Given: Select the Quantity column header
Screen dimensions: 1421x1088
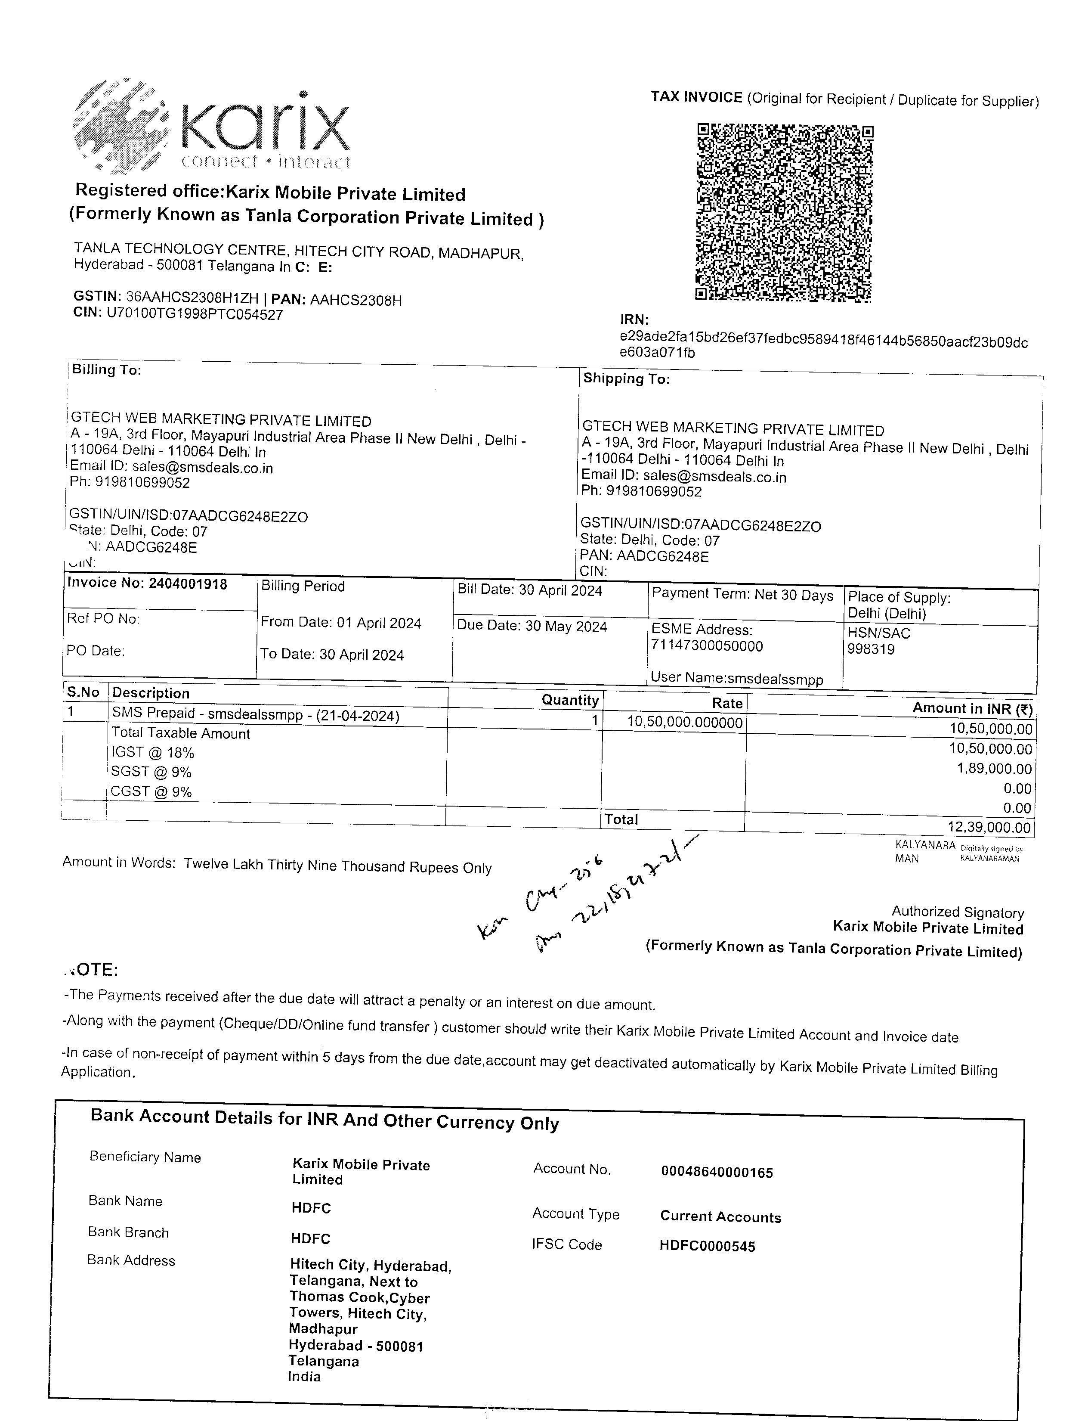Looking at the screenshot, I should (x=570, y=700).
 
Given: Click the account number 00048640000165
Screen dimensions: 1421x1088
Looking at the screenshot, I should (x=717, y=1172).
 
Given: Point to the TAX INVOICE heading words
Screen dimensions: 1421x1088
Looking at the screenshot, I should (x=696, y=97).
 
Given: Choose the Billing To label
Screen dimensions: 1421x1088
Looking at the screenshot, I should (x=106, y=369).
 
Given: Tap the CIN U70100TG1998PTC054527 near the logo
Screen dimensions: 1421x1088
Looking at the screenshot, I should (x=194, y=315).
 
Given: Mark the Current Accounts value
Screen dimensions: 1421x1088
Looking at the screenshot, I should (x=720, y=1216).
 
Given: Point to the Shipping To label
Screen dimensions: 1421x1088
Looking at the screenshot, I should (x=626, y=379).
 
